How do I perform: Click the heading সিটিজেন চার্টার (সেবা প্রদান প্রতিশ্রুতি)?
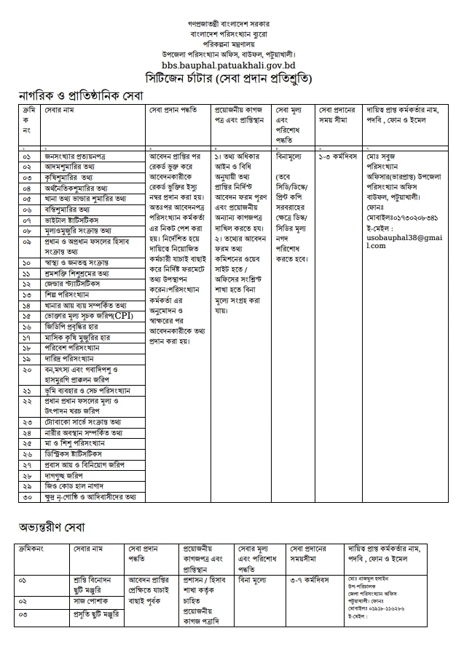click(x=231, y=78)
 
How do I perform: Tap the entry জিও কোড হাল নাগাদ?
click(x=76, y=485)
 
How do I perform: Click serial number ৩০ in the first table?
click(x=27, y=498)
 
